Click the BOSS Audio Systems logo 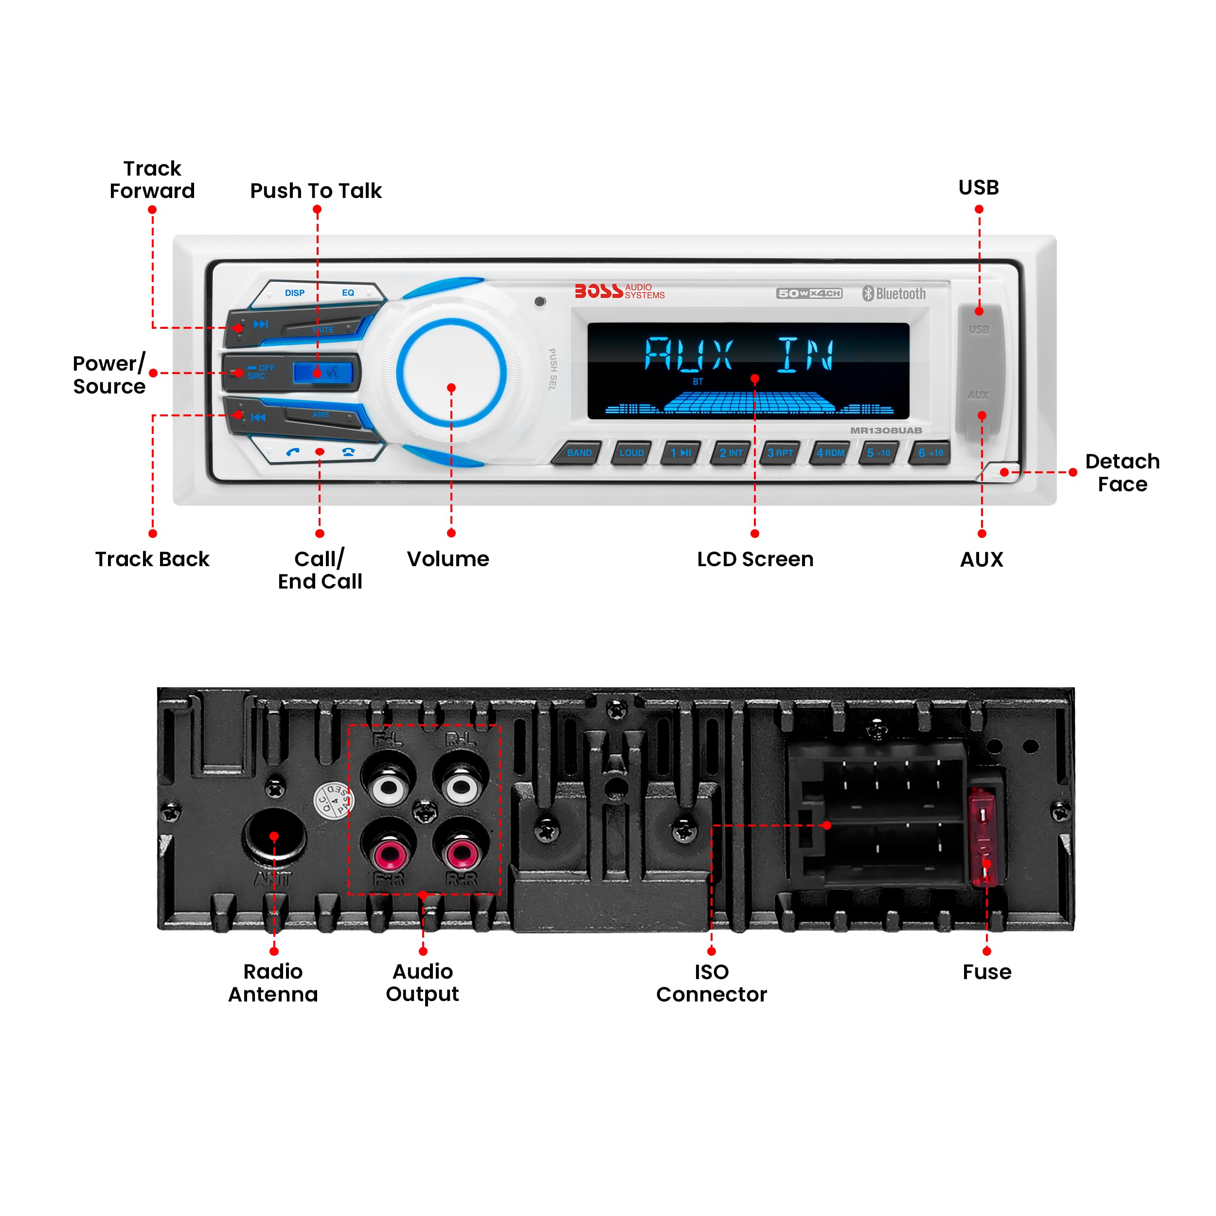[619, 291]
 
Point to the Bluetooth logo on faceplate [894, 294]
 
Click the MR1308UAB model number [886, 430]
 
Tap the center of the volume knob [451, 373]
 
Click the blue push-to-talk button [323, 373]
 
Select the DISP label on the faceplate [295, 293]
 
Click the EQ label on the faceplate [348, 293]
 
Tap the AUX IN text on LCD [739, 355]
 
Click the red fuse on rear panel [984, 837]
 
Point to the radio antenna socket [274, 836]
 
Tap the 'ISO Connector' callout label [711, 983]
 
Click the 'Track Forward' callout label [152, 180]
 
